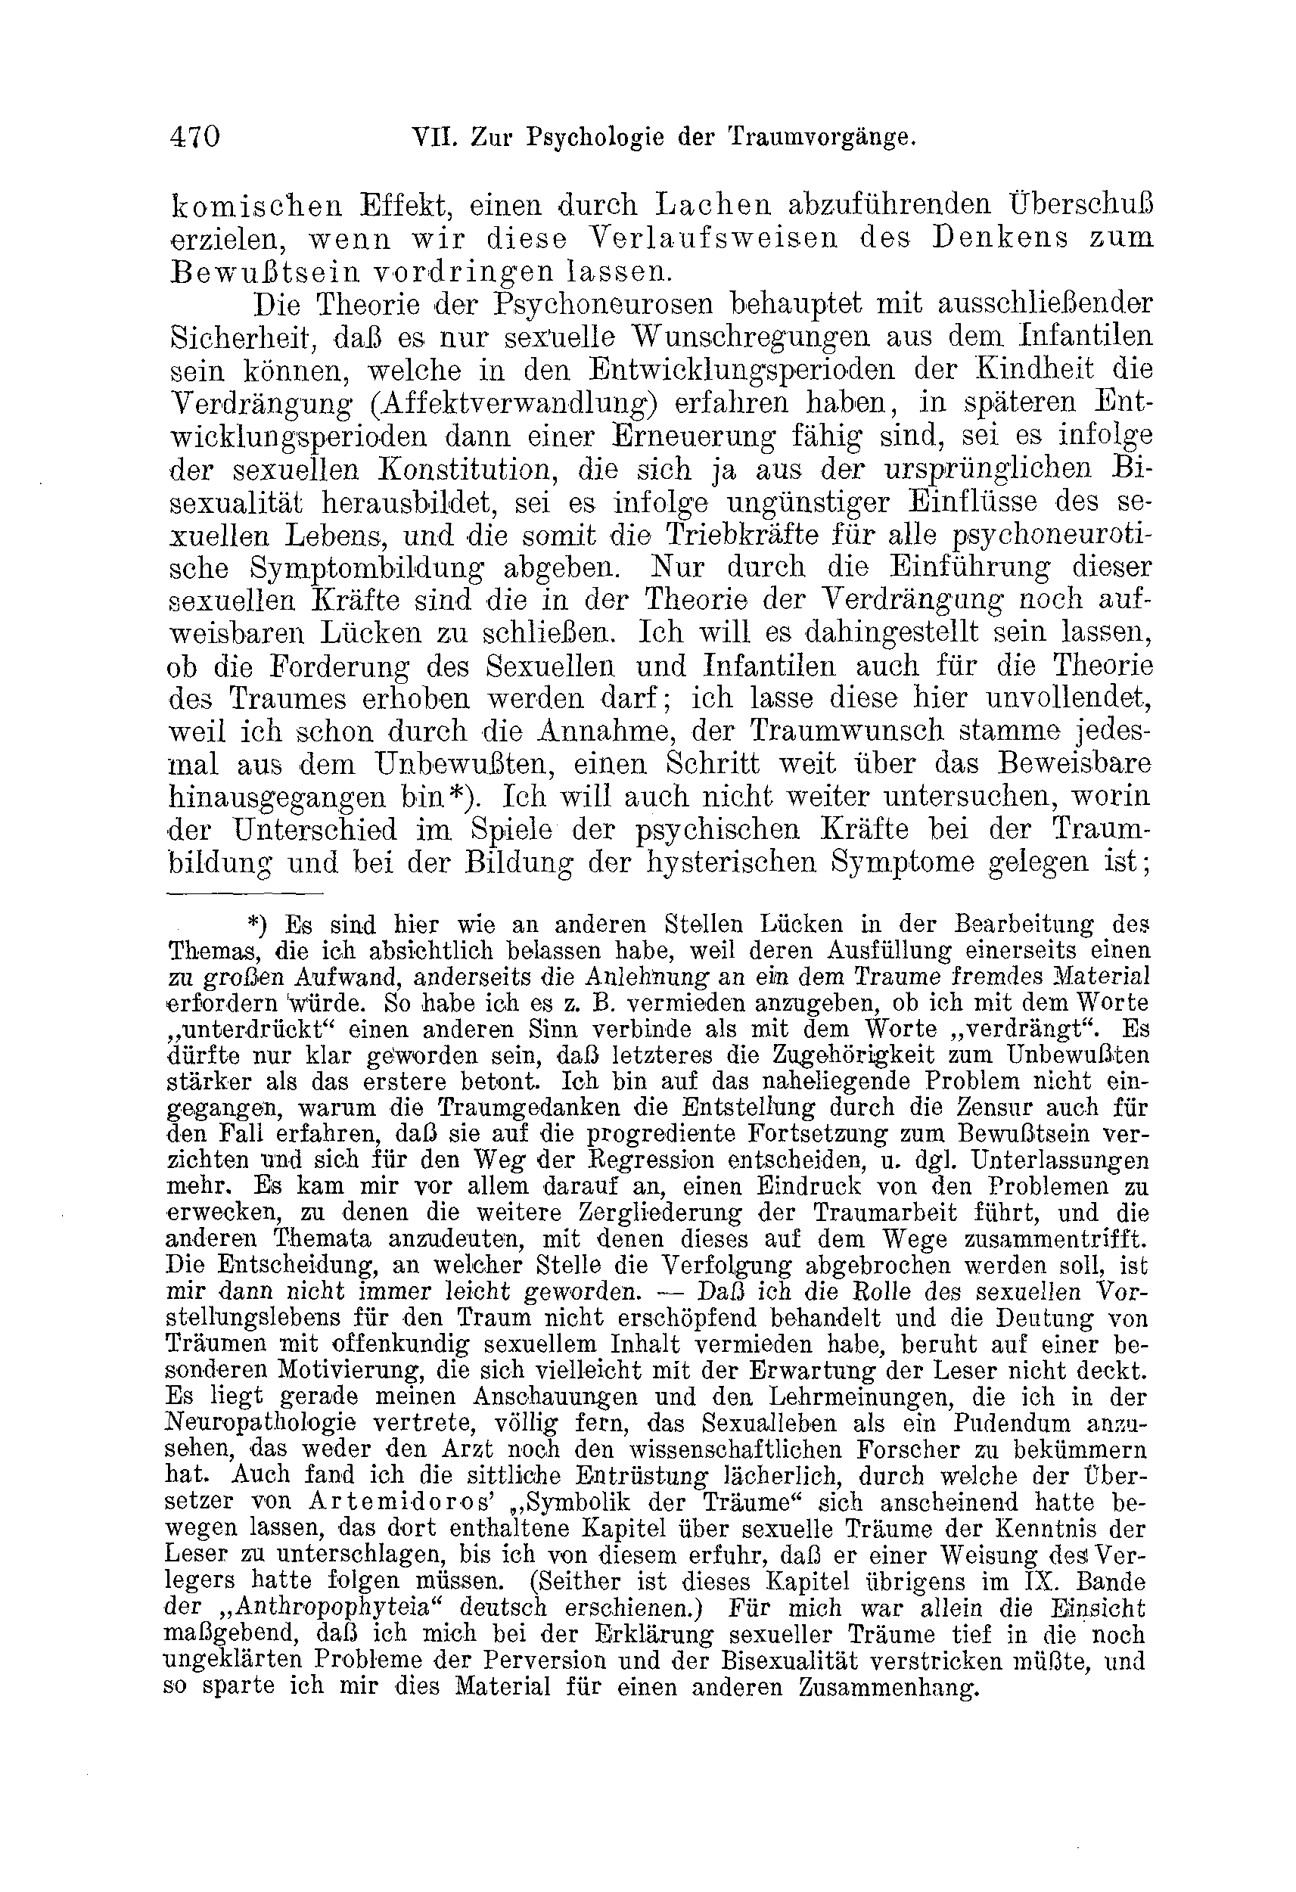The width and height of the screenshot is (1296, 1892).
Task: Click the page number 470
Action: point(195,137)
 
